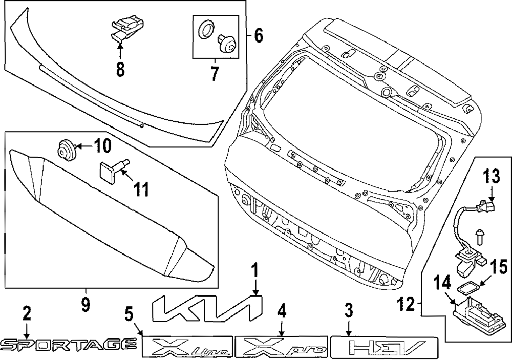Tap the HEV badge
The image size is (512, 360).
[385, 347]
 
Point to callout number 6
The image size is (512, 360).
[259, 35]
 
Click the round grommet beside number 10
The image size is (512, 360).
[65, 149]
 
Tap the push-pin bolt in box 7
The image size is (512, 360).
[226, 44]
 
